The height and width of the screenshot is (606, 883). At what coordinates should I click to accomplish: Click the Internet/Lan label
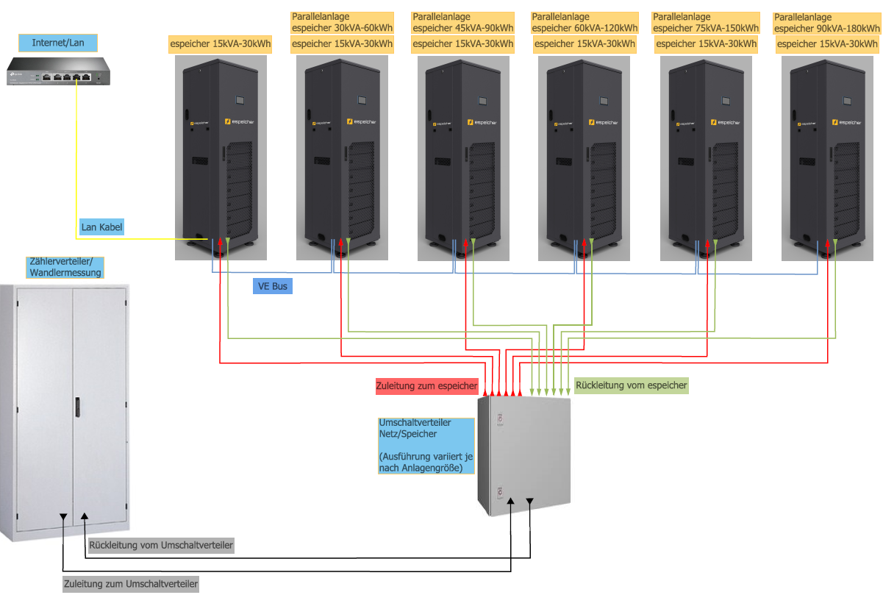click(x=58, y=43)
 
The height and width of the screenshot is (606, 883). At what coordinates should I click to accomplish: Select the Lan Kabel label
click(x=101, y=227)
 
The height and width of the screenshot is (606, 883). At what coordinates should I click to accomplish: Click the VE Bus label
click(x=272, y=285)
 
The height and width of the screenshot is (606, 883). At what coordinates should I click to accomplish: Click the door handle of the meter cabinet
click(x=76, y=409)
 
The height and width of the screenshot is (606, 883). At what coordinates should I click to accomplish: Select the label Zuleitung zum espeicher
click(x=426, y=385)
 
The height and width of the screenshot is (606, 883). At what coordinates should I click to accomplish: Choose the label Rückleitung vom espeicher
click(x=632, y=385)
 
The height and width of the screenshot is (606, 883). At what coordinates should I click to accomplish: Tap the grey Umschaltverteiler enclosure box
click(x=523, y=456)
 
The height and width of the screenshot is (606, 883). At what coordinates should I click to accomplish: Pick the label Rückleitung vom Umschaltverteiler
click(x=160, y=546)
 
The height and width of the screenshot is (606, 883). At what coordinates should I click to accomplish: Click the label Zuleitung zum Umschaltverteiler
click(x=131, y=584)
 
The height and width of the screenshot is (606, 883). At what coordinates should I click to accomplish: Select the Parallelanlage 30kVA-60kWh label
click(x=343, y=23)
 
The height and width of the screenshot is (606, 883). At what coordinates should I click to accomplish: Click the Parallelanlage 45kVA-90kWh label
click(x=463, y=23)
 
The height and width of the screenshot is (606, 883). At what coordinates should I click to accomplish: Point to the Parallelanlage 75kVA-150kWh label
click(x=706, y=23)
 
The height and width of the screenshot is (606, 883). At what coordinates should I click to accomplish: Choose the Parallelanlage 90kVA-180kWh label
click(x=827, y=23)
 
